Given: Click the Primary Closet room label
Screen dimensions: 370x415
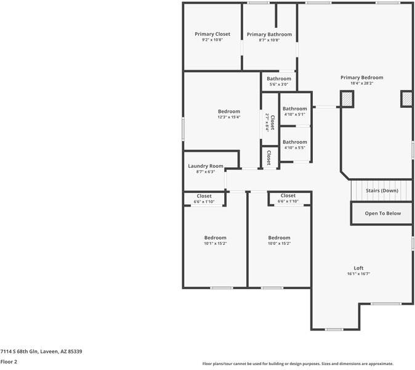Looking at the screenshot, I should (212, 34).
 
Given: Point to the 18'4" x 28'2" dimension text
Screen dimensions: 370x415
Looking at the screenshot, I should (362, 83).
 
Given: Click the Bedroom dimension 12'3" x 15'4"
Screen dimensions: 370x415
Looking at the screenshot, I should (228, 117).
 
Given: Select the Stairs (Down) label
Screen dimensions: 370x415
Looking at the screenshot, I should (382, 191).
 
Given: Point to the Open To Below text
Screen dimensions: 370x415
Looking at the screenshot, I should (382, 213).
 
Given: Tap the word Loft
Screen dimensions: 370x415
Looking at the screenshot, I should (358, 268).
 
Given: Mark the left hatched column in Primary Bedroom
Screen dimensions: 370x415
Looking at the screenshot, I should (347, 99).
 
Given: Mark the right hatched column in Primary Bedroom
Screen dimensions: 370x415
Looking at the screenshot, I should (406, 99).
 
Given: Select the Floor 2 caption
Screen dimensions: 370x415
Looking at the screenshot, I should (9, 362).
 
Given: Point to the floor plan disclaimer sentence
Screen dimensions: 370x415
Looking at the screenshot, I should (298, 364).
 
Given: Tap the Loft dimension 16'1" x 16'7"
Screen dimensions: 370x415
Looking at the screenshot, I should (358, 274).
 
